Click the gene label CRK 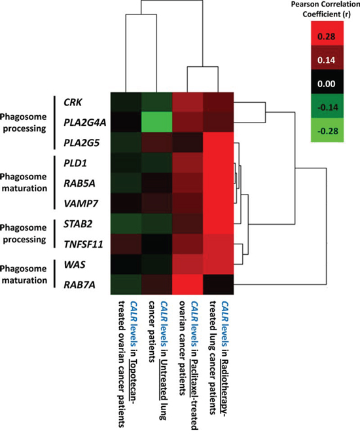[x=73, y=102]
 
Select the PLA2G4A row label [x=85, y=123]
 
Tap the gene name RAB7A [x=80, y=285]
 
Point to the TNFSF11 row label [x=83, y=244]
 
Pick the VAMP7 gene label [x=81, y=204]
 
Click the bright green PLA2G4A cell [x=157, y=123]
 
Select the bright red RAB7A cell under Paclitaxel [x=188, y=284]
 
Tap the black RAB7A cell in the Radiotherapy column [x=219, y=284]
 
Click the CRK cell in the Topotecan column [x=126, y=102]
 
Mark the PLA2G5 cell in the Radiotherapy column [x=219, y=143]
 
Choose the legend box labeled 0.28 [x=327, y=33]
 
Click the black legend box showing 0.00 [x=327, y=82]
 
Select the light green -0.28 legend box [x=327, y=130]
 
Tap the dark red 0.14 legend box [x=327, y=58]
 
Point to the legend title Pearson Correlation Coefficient [x=326, y=9]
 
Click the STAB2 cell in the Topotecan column [x=126, y=223]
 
